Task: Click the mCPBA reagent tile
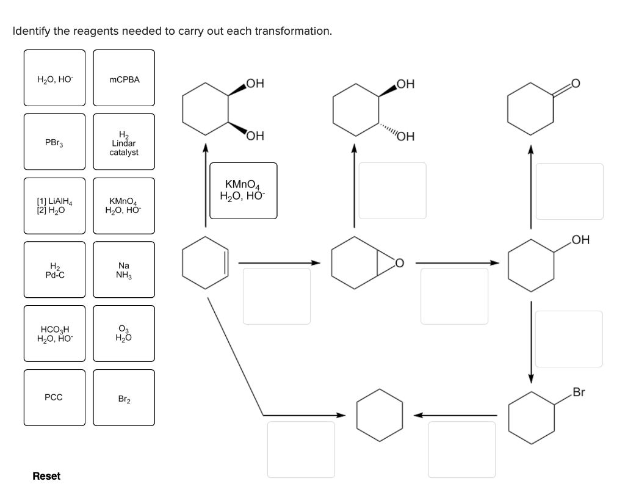pos(124,78)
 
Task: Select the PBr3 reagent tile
pos(54,142)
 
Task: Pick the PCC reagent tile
pos(54,397)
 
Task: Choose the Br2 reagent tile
pos(124,397)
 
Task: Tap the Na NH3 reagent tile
pos(124,270)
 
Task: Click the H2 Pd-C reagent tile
pos(54,270)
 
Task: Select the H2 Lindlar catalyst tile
pos(124,142)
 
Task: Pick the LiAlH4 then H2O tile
pos(54,206)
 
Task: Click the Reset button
pos(46,476)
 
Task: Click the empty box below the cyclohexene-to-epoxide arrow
pos(276,296)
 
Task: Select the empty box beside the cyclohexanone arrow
pos(569,190)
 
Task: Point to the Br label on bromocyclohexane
pos(579,392)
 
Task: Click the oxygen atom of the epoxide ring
pos(399,263)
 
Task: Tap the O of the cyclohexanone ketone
pos(577,84)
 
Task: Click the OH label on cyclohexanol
pos(580,239)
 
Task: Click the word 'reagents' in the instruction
pos(105,31)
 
